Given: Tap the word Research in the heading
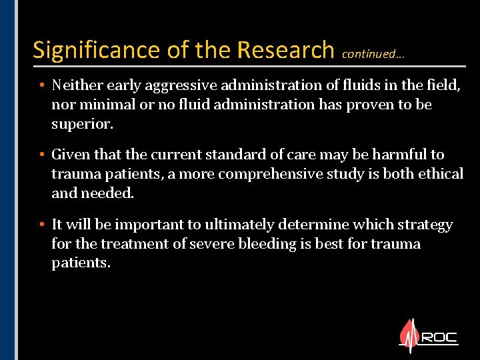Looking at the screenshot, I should [x=285, y=51].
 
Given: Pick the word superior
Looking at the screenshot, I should [x=82, y=123].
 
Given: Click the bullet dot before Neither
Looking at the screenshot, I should [x=41, y=86].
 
